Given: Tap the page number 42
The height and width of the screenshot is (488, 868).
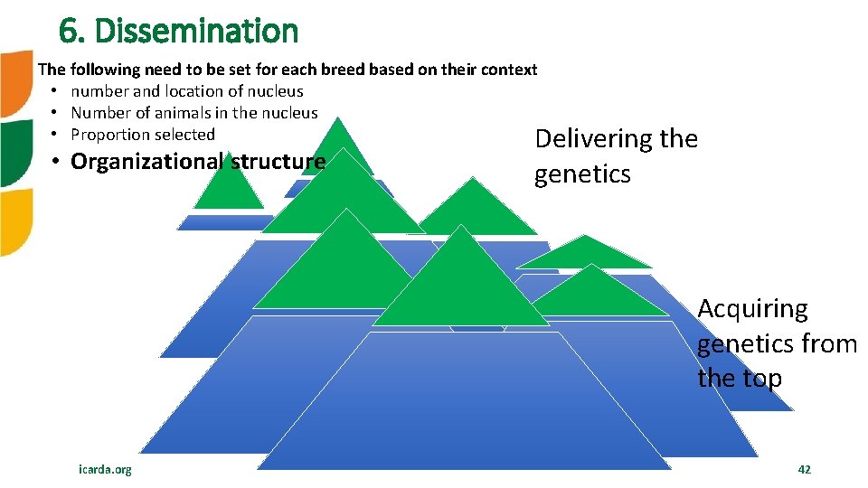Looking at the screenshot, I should click(804, 469).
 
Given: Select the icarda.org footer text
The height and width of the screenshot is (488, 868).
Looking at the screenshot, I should click(105, 469).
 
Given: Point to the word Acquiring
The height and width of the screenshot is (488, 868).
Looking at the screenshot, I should click(752, 309).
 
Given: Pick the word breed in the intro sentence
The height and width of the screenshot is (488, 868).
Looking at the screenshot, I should click(354, 70).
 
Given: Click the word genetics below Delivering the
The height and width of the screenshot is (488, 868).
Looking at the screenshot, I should click(582, 174).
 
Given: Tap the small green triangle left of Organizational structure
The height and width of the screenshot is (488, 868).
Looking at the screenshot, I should click(228, 185).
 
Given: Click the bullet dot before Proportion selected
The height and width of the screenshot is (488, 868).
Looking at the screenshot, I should click(55, 135).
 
